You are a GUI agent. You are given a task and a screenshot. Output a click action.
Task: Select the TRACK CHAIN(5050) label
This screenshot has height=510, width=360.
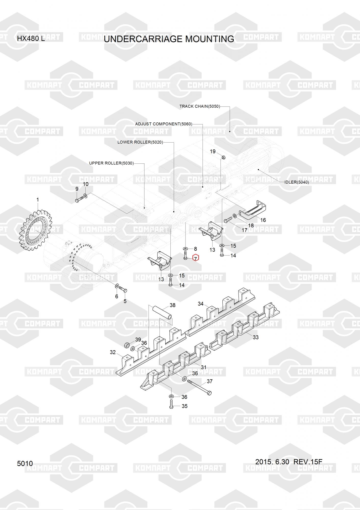point(199,106)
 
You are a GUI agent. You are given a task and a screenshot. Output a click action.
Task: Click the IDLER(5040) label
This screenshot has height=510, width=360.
point(297,182)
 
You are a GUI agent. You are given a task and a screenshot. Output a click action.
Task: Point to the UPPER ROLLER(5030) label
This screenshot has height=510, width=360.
point(111,163)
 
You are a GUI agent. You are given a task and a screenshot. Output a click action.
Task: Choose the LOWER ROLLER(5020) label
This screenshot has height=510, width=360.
point(140,142)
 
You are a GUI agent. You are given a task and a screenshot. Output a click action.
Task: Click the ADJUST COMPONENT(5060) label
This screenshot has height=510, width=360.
point(164,124)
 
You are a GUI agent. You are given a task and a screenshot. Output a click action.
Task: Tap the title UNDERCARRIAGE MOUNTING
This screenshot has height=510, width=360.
point(169,39)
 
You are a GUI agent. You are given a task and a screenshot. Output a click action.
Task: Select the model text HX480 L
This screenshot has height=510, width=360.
point(31,39)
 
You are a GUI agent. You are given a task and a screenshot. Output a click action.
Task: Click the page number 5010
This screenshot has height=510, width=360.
point(25,463)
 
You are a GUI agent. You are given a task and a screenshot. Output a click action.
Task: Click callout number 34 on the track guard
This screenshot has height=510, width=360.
point(201,304)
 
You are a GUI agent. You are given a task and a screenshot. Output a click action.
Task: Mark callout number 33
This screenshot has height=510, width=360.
point(256,337)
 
